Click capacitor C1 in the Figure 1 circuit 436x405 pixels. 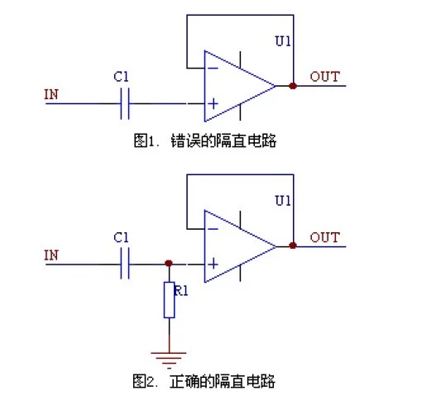(x=125, y=103)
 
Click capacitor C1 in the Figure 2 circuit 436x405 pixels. (x=125, y=264)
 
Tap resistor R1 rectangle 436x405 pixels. (x=169, y=300)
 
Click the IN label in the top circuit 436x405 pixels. (x=51, y=94)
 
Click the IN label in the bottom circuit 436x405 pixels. (x=51, y=255)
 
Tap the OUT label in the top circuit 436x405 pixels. (x=325, y=76)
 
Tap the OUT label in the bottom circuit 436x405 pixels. (x=325, y=237)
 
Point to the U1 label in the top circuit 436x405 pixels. (x=283, y=40)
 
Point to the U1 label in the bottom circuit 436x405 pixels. (x=283, y=200)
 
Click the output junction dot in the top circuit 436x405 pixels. (x=293, y=86)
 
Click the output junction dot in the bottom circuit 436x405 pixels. (x=293, y=245)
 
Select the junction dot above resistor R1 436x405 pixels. (x=169, y=263)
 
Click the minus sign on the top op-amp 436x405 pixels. (x=213, y=68)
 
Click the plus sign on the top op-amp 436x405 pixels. (x=213, y=103)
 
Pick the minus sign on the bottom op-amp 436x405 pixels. (x=213, y=229)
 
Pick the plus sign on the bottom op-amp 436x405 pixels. (x=213, y=264)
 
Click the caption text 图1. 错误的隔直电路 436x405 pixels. (x=205, y=141)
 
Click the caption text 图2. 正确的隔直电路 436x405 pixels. (x=204, y=381)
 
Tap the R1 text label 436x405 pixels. (x=180, y=291)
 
